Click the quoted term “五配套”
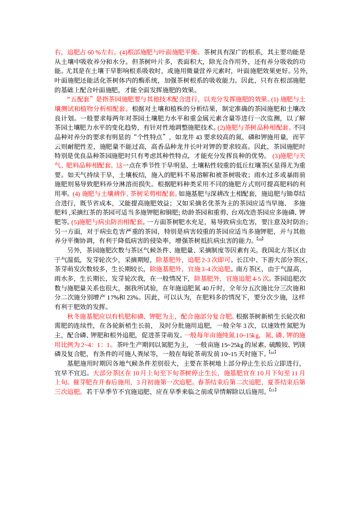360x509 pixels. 80,99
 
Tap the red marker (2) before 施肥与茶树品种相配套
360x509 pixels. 221,128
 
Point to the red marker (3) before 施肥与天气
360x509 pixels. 276,156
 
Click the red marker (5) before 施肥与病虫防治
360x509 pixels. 75,222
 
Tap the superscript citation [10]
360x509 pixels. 260,239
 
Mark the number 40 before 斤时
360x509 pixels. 206,288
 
